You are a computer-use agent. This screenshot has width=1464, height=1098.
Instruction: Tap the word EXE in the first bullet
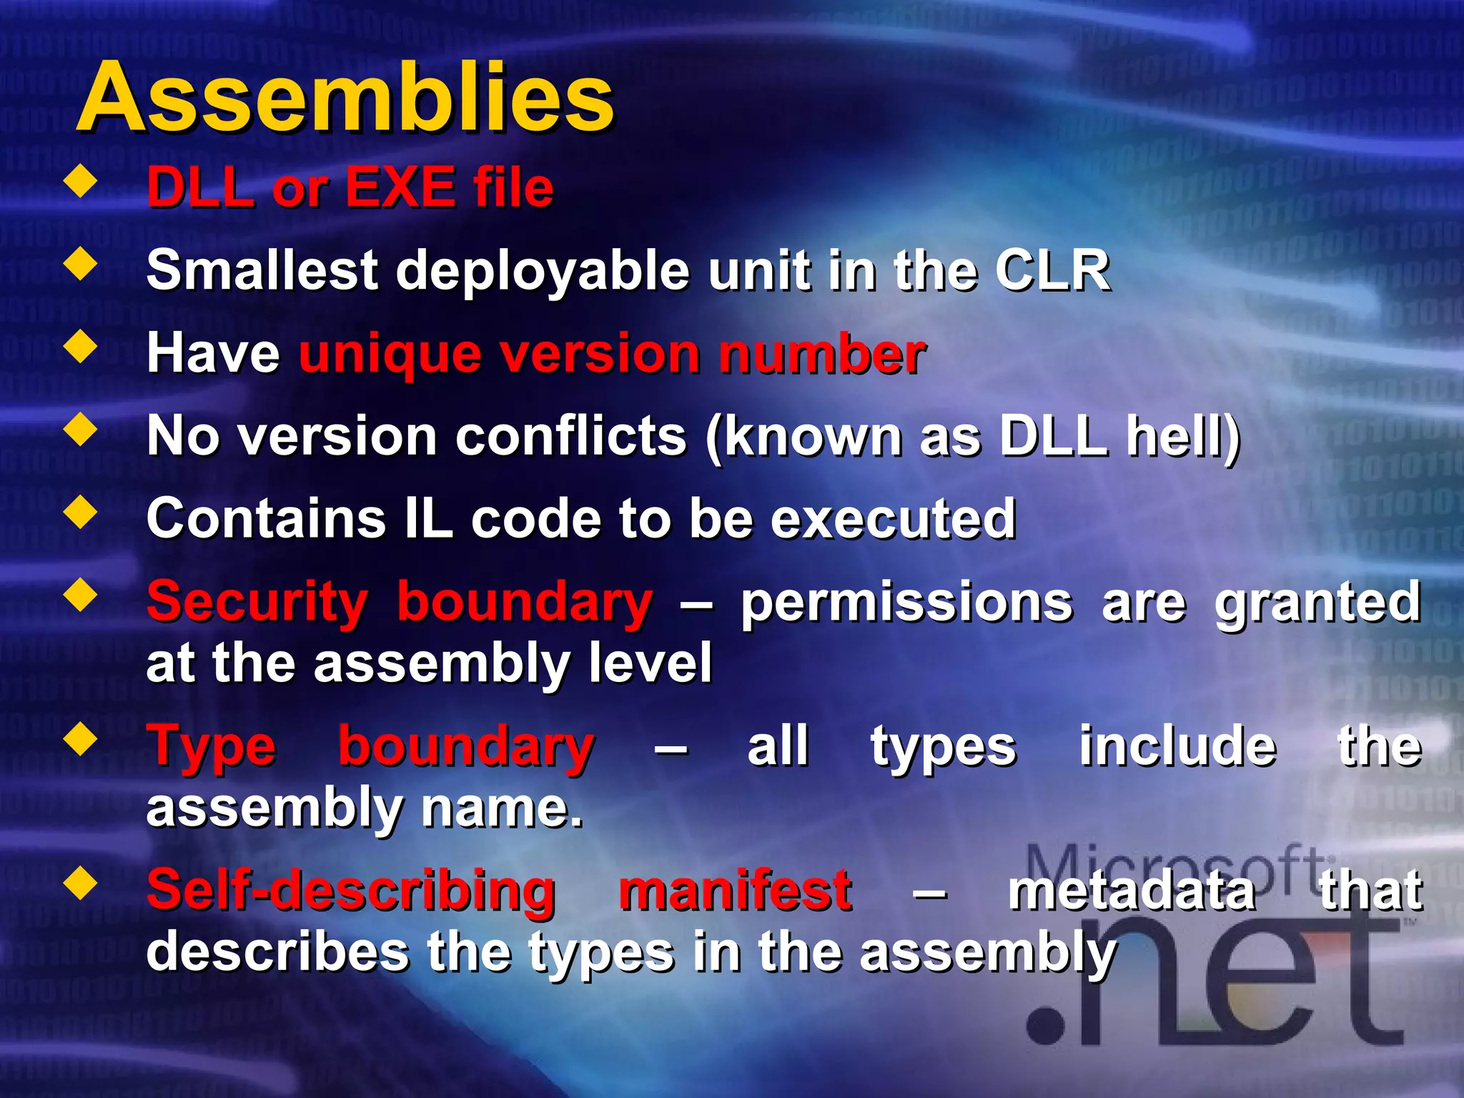click(400, 187)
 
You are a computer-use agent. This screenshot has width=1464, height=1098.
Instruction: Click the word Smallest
click(262, 271)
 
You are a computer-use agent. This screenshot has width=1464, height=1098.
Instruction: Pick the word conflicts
click(571, 436)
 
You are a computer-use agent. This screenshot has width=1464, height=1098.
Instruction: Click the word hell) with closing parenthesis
click(1183, 436)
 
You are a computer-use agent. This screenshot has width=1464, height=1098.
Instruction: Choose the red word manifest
click(735, 891)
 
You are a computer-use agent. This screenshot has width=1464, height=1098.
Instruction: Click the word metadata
click(1132, 891)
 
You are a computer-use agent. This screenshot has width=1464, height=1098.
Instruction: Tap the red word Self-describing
click(351, 891)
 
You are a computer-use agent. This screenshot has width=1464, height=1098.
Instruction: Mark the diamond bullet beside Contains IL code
click(81, 512)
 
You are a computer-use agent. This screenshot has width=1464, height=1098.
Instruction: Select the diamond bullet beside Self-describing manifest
click(81, 884)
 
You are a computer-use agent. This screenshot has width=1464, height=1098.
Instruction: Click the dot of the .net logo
click(1046, 1027)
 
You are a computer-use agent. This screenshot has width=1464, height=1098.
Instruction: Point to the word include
click(1177, 746)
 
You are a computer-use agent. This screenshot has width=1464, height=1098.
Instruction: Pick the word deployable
click(543, 271)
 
